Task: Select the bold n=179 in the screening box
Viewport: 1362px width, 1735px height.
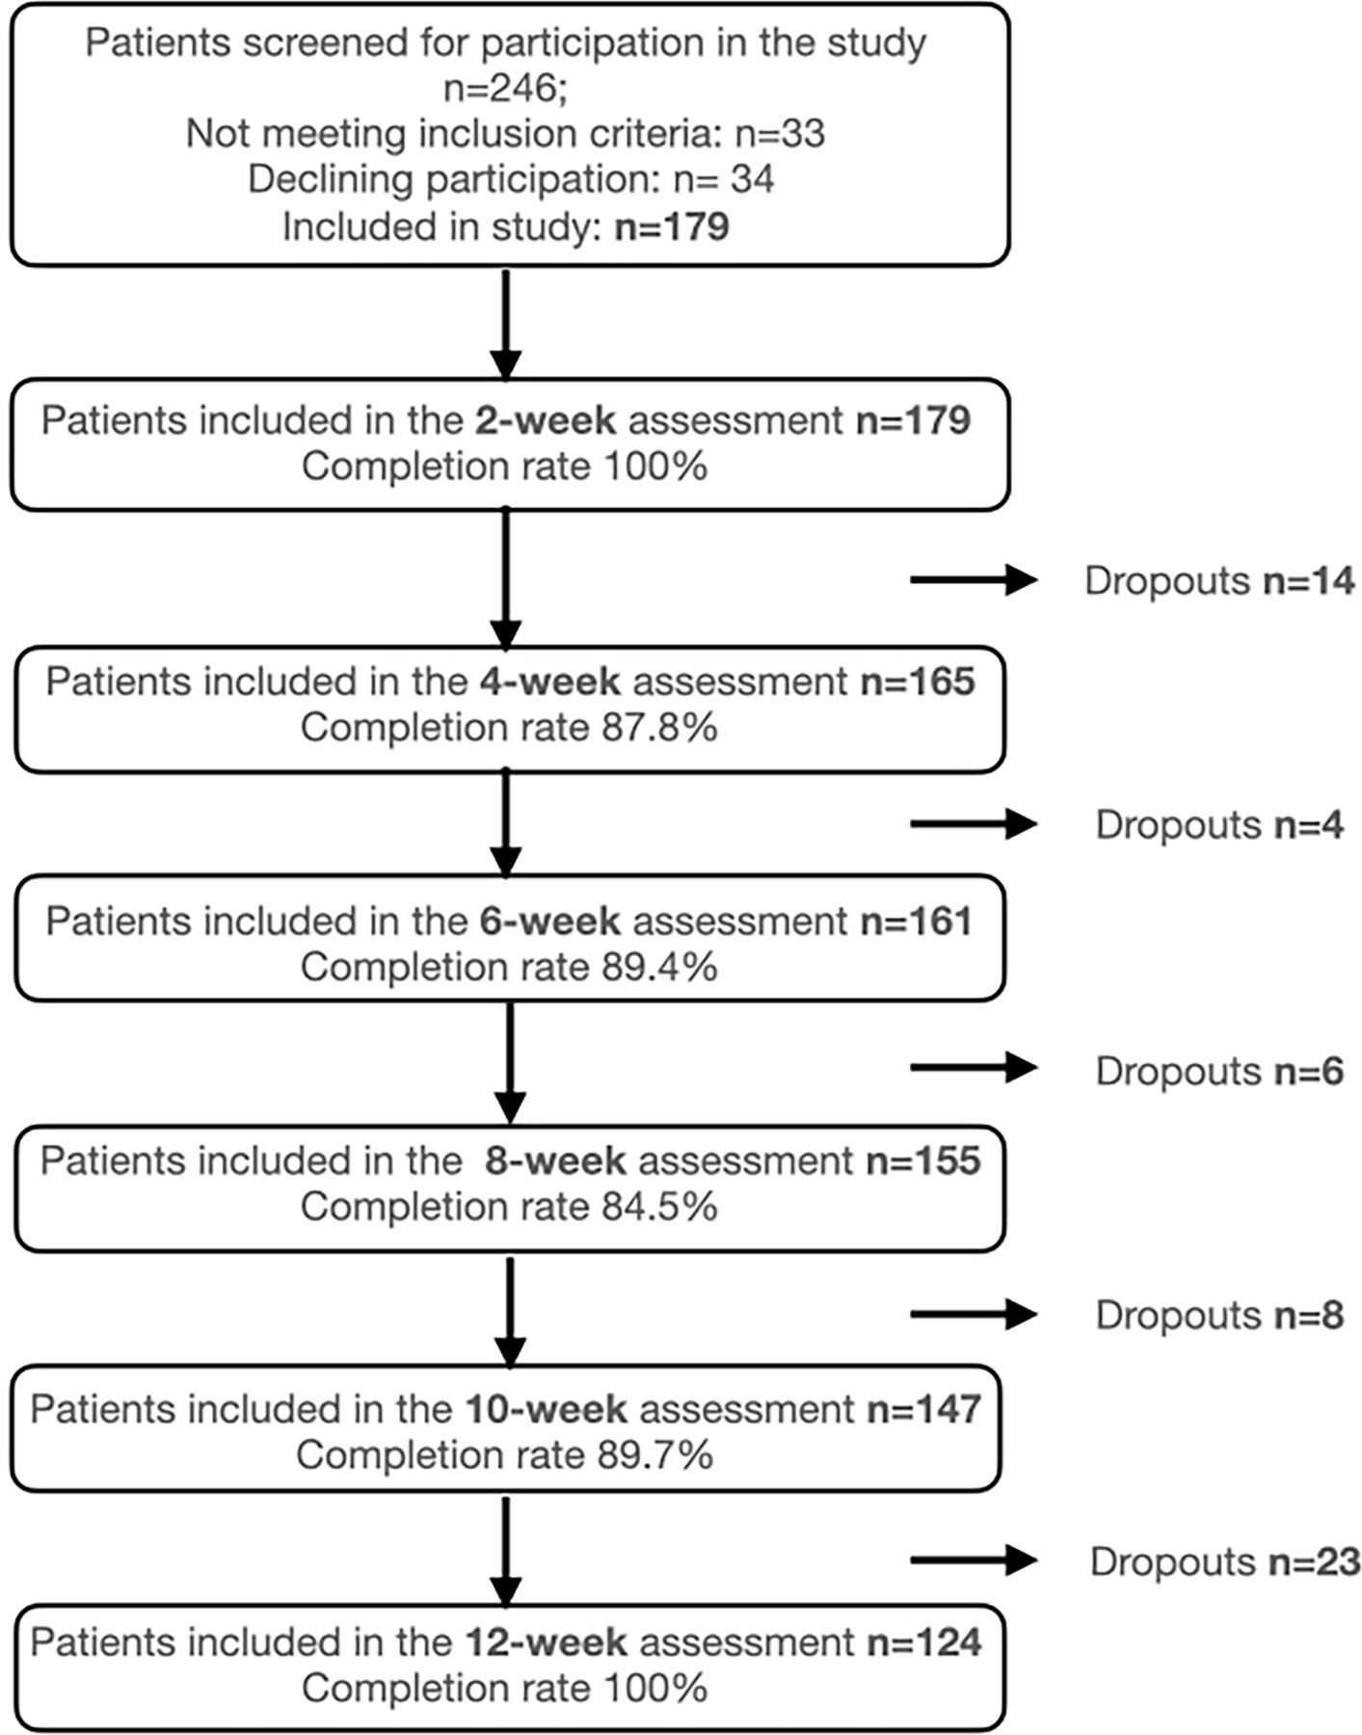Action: (x=672, y=227)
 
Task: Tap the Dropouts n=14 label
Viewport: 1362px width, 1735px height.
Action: (x=1219, y=580)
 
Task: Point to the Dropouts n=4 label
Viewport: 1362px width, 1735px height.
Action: (x=1219, y=825)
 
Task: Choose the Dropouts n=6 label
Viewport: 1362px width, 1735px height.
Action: (x=1219, y=1071)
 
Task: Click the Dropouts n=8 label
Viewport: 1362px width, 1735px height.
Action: (x=1219, y=1315)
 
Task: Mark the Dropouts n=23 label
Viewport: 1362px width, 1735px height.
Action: (x=1225, y=1561)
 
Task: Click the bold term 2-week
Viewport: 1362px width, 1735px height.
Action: (x=546, y=420)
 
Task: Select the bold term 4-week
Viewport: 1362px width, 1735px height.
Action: (x=550, y=681)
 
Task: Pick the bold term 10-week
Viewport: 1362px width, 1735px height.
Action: (x=547, y=1409)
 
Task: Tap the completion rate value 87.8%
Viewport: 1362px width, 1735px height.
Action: (x=660, y=727)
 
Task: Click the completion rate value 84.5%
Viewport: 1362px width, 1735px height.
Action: (x=660, y=1206)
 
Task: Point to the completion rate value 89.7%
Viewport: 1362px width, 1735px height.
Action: (x=655, y=1455)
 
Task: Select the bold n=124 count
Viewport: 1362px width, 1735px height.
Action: (x=924, y=1642)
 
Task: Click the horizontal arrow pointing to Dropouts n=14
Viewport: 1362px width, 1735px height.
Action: (x=974, y=580)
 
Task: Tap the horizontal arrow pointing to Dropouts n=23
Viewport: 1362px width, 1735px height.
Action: (x=974, y=1560)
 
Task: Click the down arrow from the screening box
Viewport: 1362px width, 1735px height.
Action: (x=506, y=324)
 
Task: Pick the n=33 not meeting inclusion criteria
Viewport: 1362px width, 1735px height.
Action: (x=780, y=133)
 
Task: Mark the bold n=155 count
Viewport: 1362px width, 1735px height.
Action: (x=923, y=1161)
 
